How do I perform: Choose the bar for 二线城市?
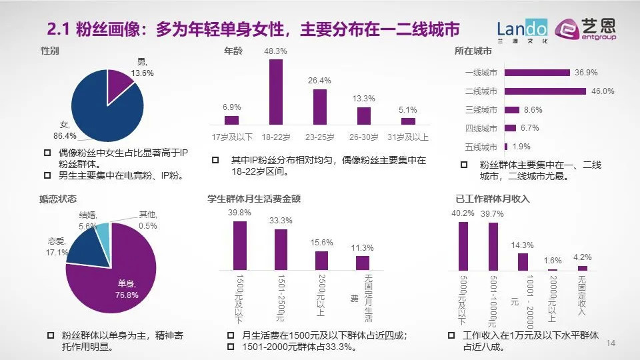[x=545, y=91]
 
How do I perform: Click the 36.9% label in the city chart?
[x=585, y=72]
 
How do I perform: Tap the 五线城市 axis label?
[x=481, y=147]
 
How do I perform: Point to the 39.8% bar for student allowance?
[x=240, y=245]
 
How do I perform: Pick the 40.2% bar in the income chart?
[x=463, y=245]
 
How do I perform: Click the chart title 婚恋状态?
[x=59, y=198]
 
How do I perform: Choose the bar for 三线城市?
[x=512, y=109]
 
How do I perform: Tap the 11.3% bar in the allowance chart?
[x=363, y=263]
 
